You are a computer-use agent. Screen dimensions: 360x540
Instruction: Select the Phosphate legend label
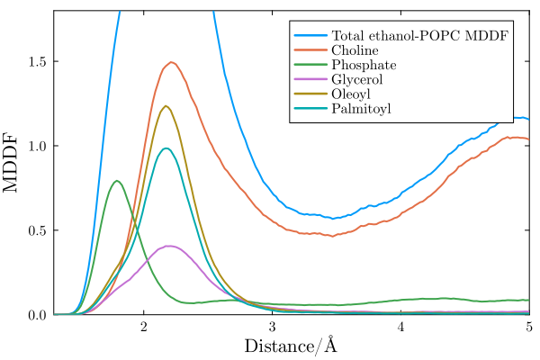click(x=357, y=65)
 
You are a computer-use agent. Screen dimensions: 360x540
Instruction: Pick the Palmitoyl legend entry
click(x=360, y=111)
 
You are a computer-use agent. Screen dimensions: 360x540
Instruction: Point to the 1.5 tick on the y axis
click(x=36, y=61)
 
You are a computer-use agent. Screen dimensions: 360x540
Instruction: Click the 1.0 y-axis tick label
click(x=36, y=146)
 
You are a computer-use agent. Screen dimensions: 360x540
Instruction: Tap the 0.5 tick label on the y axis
click(x=36, y=230)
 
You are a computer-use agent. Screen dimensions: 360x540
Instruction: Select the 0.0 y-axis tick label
click(x=36, y=315)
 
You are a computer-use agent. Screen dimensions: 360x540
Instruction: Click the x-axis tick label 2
click(x=143, y=327)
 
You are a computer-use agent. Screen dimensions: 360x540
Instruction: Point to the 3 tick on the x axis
click(x=272, y=327)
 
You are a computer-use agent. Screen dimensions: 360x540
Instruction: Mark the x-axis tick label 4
click(x=400, y=327)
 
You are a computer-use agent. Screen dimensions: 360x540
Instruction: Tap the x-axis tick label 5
click(x=528, y=327)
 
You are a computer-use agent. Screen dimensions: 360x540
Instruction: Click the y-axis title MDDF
click(x=13, y=163)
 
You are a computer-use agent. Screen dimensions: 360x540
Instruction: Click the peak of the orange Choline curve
click(x=171, y=62)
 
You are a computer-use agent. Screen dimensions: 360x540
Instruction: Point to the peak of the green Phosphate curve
click(x=117, y=181)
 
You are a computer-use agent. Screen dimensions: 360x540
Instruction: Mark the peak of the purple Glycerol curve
click(x=168, y=246)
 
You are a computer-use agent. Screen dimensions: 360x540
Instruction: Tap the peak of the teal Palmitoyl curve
click(x=166, y=148)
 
